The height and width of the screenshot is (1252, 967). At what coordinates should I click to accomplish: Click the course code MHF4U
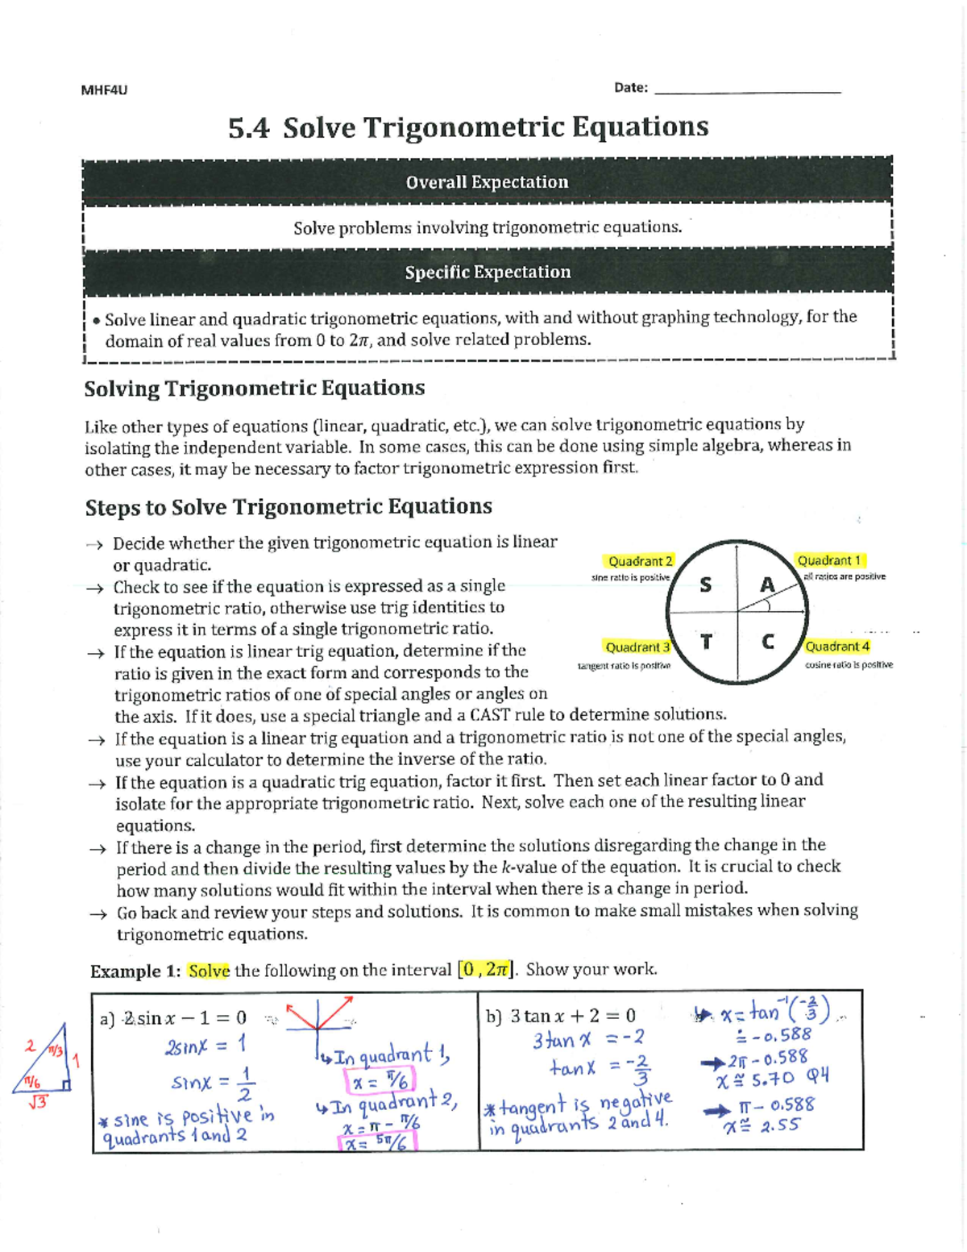[104, 89]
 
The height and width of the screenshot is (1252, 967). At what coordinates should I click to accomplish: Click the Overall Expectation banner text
[487, 182]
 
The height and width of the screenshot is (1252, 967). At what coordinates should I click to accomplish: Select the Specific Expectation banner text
[488, 272]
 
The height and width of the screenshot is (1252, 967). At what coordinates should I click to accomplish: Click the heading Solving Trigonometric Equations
[255, 389]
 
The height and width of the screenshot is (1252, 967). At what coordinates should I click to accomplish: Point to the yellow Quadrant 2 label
[640, 561]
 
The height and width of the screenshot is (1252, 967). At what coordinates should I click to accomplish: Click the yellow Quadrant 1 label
[829, 560]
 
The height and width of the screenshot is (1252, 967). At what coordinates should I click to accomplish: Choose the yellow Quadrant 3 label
[637, 647]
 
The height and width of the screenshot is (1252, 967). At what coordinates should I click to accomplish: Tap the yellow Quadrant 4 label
[837, 647]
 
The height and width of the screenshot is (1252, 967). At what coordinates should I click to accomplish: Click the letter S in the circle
[705, 585]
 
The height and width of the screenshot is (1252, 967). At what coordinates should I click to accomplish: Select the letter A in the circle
[767, 584]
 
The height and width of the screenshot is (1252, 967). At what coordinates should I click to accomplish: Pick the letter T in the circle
[706, 642]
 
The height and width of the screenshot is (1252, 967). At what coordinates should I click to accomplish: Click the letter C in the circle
[767, 642]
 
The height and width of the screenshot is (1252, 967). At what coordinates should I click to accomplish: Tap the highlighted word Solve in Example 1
[209, 971]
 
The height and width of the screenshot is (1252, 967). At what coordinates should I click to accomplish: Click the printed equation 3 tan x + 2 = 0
[572, 1016]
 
